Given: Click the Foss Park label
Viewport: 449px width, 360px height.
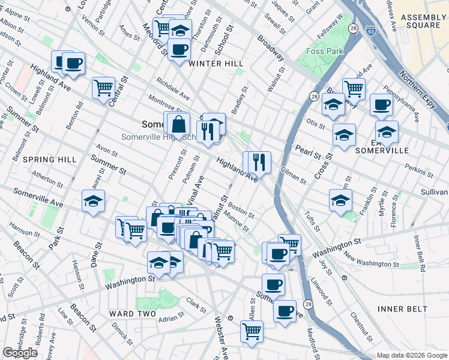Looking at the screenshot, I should tap(324, 51).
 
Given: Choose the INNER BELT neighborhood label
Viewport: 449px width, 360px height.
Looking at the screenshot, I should tap(403, 308).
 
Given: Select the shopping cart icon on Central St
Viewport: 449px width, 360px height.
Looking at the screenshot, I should tap(103, 87).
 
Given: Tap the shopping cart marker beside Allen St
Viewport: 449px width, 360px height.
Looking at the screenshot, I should tap(252, 330).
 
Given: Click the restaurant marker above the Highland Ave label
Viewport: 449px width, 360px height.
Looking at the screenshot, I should tap(259, 161).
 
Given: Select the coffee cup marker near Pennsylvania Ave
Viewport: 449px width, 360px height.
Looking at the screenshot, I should tap(381, 105).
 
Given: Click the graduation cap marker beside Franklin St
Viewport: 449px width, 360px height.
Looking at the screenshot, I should tap(340, 200).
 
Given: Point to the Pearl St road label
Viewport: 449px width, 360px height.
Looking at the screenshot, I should tap(307, 151).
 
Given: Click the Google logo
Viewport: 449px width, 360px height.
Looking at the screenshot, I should tap(20, 353).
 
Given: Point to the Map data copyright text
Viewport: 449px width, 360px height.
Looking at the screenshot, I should tap(412, 355).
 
